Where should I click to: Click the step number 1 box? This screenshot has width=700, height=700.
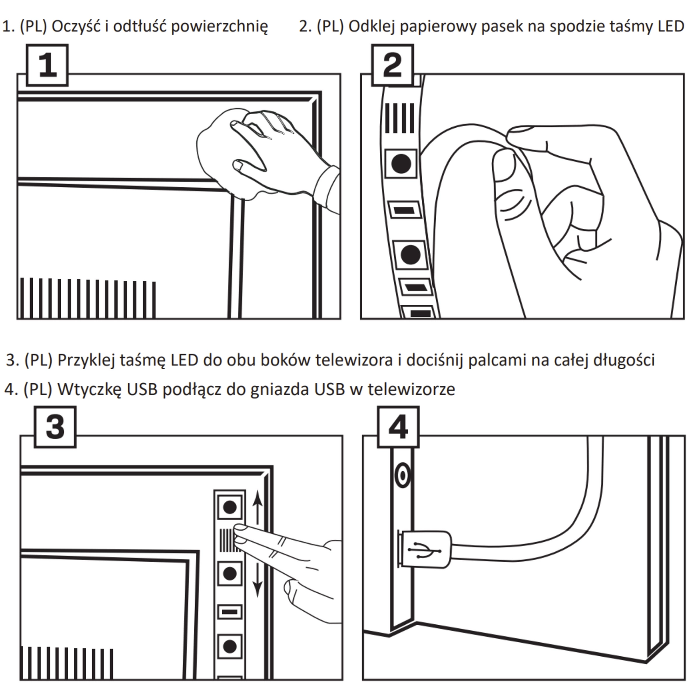[x=47, y=65]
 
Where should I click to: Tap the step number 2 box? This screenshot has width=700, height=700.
[x=392, y=65]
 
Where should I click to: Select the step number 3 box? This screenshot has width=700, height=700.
[x=55, y=427]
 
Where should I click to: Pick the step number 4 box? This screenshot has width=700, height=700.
[x=398, y=427]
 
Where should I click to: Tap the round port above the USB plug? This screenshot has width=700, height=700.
[x=402, y=475]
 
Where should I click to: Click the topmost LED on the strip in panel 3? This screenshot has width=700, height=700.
[x=230, y=507]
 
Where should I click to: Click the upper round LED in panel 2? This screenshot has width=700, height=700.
[x=401, y=164]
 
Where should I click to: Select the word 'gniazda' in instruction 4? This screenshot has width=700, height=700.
[x=280, y=389]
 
